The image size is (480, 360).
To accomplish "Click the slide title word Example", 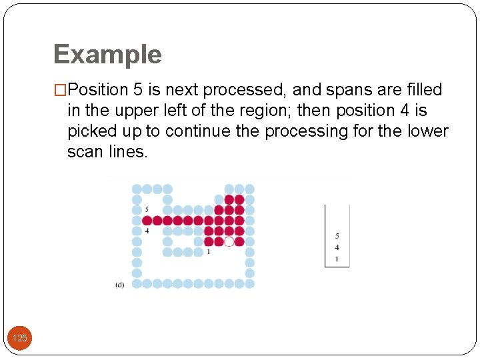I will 107,55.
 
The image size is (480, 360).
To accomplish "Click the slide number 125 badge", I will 20,339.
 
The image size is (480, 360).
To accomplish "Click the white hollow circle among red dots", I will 229,241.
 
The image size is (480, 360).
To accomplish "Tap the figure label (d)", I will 119,285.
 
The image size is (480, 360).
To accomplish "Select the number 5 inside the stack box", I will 337,236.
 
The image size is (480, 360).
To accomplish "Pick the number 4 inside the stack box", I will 337,247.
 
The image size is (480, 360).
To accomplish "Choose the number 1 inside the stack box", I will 337,259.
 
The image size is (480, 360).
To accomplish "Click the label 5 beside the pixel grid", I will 146,210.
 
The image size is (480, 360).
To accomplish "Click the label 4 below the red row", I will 146,231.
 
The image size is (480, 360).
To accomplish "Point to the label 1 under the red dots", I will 208,252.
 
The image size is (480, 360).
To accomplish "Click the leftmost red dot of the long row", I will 147,221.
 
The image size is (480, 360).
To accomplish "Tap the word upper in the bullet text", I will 143,111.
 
